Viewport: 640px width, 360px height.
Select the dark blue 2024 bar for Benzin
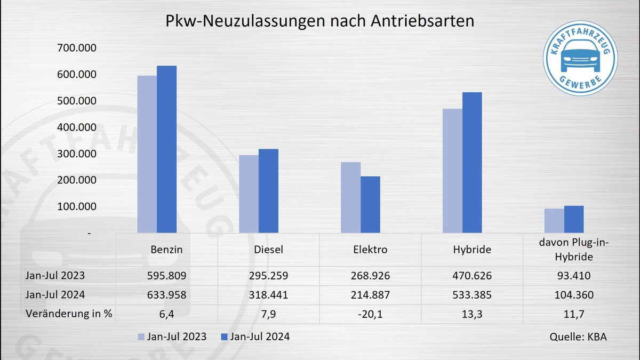point(166,149)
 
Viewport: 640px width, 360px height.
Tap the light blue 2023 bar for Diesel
point(249,194)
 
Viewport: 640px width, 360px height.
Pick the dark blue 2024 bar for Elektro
point(370,205)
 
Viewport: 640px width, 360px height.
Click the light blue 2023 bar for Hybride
point(452,171)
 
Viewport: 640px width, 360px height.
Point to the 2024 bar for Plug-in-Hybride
point(574,219)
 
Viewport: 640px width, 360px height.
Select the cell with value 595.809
point(167,276)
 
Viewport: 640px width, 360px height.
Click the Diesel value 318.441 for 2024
point(268,295)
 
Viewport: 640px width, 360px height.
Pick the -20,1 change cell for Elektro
point(370,314)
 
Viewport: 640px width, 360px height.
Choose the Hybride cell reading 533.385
point(472,295)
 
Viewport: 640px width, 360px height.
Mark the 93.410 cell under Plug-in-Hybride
point(574,276)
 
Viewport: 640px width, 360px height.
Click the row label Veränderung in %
point(69,314)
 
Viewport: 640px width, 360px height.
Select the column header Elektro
point(370,249)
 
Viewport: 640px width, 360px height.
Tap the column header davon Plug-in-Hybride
point(574,250)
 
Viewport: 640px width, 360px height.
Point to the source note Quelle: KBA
point(578,337)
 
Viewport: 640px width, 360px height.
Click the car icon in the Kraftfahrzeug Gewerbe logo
point(580,58)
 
